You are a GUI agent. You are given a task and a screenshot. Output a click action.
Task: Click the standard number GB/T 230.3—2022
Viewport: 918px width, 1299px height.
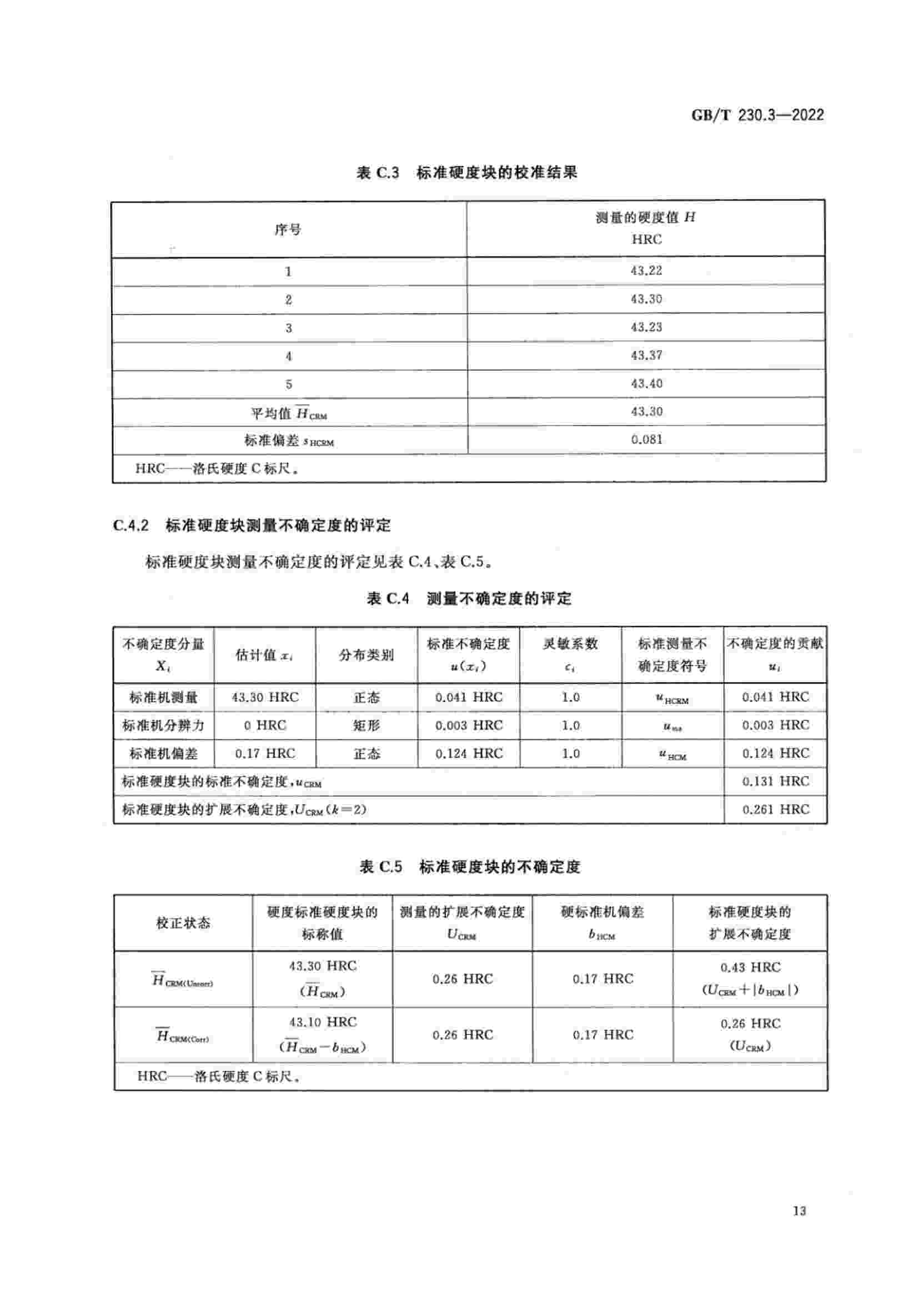[x=757, y=115]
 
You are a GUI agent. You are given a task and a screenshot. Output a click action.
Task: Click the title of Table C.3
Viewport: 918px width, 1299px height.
[x=466, y=173]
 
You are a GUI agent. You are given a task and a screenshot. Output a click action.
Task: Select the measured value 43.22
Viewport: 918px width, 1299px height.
[x=646, y=271]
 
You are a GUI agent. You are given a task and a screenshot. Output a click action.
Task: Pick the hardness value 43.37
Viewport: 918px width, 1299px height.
[x=646, y=356]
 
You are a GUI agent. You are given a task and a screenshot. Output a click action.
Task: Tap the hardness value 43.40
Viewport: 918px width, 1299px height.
[x=646, y=384]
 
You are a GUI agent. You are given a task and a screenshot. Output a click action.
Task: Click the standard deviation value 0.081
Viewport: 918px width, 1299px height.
[x=646, y=440]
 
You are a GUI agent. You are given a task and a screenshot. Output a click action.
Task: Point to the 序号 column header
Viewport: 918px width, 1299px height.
[x=288, y=230]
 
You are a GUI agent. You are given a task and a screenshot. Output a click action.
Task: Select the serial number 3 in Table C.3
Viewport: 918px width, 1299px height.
[x=288, y=328]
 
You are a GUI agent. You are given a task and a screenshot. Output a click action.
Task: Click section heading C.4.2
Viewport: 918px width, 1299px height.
[x=252, y=525]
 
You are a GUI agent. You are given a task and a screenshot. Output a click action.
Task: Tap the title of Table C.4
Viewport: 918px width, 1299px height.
[x=469, y=599]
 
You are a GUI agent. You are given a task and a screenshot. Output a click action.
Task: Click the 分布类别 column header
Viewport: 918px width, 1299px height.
[x=366, y=655]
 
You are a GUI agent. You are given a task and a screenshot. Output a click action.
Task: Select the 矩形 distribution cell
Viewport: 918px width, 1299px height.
[x=366, y=725]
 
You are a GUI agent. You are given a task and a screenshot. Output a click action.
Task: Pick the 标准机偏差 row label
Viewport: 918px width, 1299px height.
[x=163, y=754]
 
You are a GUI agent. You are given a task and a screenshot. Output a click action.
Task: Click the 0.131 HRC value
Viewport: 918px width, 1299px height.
[x=775, y=781]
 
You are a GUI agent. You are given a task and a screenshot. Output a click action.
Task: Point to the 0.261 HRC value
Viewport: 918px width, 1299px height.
[x=775, y=810]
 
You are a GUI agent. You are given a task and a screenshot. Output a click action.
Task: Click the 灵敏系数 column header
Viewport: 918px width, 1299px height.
[x=570, y=644]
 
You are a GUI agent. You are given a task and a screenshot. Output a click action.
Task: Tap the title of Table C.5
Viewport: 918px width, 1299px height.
[x=469, y=867]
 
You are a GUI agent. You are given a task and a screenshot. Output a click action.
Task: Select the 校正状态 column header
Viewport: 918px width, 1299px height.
[x=183, y=924]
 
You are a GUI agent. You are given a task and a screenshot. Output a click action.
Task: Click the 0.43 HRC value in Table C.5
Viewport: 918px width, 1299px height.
[x=750, y=967]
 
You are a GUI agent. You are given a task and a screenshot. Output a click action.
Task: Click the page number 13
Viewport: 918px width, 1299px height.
[x=799, y=1211]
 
